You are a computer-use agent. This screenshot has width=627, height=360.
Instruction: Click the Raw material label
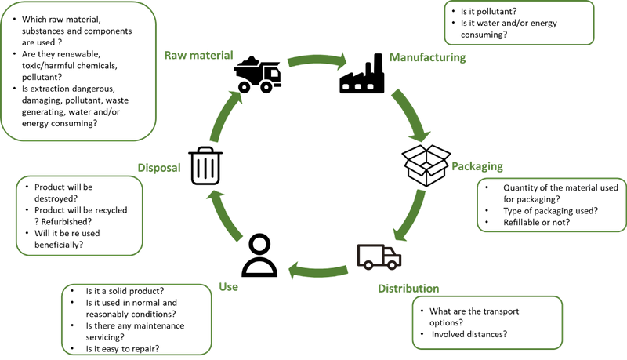tap(198, 56)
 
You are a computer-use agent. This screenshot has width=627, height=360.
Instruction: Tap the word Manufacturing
tap(427, 58)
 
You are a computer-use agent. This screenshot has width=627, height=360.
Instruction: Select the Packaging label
tap(477, 167)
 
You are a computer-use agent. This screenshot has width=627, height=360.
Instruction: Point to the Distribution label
tap(408, 289)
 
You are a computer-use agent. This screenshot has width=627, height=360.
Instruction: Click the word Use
tap(228, 287)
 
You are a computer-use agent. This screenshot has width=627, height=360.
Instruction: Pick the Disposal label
tap(159, 168)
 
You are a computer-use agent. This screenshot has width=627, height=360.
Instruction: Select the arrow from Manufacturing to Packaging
tap(411, 115)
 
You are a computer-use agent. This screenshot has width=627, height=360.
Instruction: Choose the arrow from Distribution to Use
tap(317, 270)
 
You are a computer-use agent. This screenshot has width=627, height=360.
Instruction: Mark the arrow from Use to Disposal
tap(225, 214)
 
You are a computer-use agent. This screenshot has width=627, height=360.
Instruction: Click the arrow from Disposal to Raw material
tap(226, 114)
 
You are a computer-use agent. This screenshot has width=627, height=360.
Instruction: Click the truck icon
tap(379, 256)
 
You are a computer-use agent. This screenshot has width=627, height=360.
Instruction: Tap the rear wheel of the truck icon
tap(369, 266)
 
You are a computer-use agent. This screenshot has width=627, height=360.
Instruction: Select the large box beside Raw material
tap(78, 71)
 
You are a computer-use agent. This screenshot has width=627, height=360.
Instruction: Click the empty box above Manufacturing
tap(518, 24)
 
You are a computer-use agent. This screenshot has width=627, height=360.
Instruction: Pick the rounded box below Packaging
tap(550, 205)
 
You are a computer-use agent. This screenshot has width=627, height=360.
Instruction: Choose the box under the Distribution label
tap(487, 322)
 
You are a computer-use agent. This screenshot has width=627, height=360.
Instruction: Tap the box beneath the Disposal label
tap(80, 215)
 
